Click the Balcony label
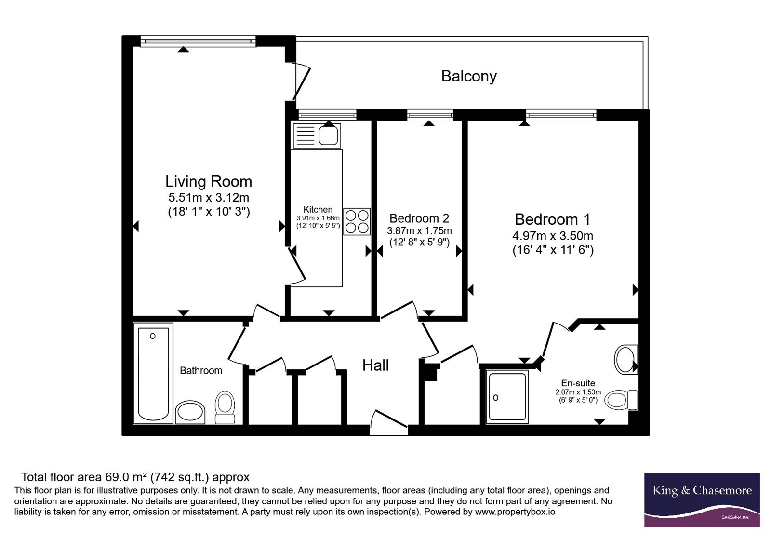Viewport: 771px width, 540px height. coord(469,77)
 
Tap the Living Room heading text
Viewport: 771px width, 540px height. coord(209,181)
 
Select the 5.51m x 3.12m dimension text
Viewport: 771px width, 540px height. coord(209,197)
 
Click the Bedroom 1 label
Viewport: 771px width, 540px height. coord(552,219)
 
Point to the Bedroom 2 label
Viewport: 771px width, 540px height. coord(419,218)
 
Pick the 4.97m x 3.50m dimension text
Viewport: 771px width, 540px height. coord(553,236)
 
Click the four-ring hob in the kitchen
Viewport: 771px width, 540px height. coord(357,221)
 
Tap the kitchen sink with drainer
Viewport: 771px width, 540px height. coord(317,136)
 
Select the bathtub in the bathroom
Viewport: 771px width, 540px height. coord(153,373)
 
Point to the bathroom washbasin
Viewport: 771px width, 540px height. coord(190,412)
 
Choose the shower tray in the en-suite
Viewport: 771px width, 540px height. coord(507,396)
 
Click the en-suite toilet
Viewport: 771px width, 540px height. coord(621,400)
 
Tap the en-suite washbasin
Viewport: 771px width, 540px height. coord(626,360)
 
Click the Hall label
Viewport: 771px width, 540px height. coord(375,365)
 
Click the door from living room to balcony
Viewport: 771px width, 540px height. coord(300,81)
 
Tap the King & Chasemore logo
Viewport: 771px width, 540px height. coord(702,499)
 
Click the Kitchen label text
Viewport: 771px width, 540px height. coord(318,209)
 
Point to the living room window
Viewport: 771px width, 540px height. coord(198,41)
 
